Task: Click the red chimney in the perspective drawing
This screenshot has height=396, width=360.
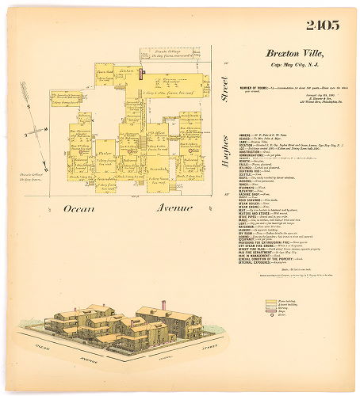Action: [163, 305]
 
